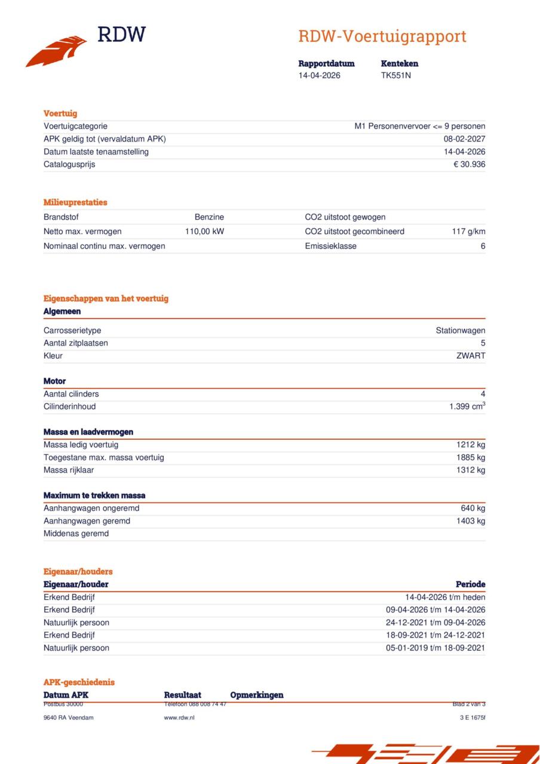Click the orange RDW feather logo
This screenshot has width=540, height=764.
click(x=56, y=51)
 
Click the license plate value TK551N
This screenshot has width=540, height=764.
click(x=396, y=76)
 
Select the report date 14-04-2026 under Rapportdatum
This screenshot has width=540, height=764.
click(x=320, y=76)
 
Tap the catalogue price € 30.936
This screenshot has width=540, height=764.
click(x=469, y=165)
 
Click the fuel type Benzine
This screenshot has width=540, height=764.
click(x=209, y=217)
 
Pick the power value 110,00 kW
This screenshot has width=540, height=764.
click(x=204, y=232)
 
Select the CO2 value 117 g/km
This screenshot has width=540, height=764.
click(x=468, y=232)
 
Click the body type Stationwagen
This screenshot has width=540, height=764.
click(x=460, y=331)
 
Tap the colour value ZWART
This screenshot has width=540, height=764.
click(x=471, y=356)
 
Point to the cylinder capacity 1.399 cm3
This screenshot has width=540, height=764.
click(x=467, y=406)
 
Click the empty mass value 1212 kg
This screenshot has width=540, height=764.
click(x=471, y=445)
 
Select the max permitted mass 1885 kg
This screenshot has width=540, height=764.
click(x=471, y=458)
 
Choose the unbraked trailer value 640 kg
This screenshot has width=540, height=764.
click(x=473, y=509)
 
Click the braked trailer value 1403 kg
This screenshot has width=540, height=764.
click(x=471, y=521)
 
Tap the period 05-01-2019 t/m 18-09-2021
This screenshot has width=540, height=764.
click(x=435, y=648)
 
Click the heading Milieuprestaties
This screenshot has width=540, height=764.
click(x=75, y=202)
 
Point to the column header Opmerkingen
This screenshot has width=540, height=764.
click(x=257, y=695)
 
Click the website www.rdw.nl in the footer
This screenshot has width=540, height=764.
click(x=179, y=717)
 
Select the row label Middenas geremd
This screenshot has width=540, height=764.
click(x=76, y=534)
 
